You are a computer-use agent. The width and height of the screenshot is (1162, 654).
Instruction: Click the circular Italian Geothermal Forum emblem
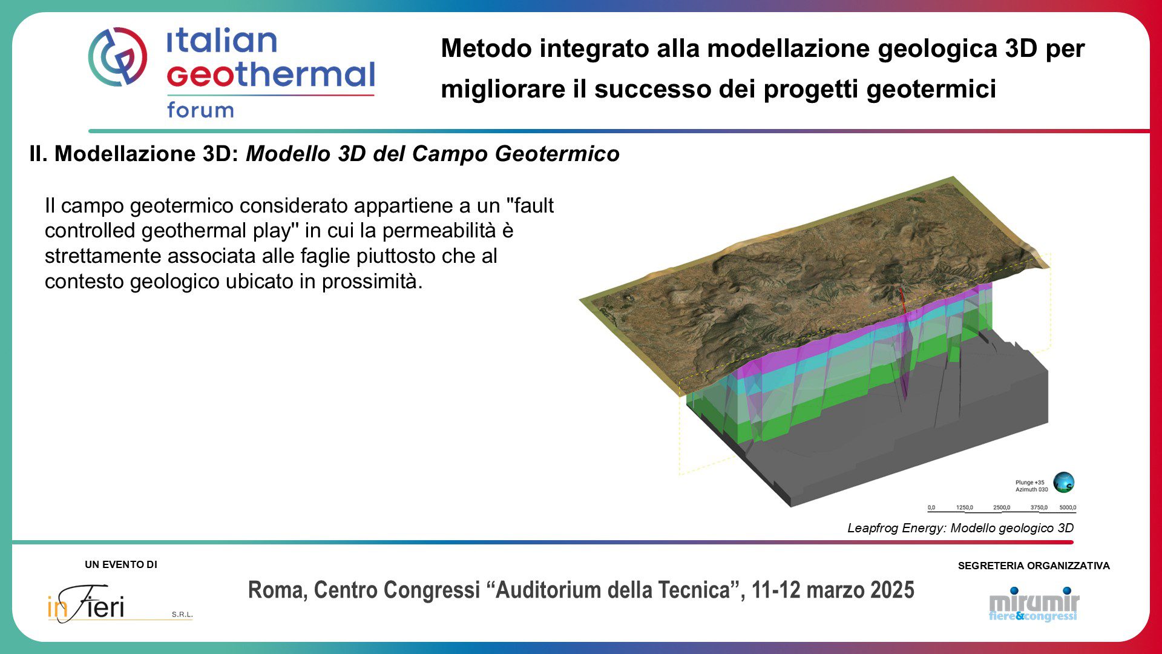pyautogui.click(x=117, y=56)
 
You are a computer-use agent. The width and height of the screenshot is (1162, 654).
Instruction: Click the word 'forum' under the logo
pyautogui.click(x=200, y=110)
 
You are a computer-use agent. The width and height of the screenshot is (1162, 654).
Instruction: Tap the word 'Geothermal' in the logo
pyautogui.click(x=271, y=74)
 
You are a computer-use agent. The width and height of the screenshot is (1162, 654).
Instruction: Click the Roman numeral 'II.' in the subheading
pyautogui.click(x=38, y=154)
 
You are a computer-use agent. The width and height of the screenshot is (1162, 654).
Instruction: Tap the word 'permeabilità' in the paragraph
pyautogui.click(x=448, y=231)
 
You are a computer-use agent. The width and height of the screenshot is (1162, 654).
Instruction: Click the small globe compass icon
pyautogui.click(x=1063, y=483)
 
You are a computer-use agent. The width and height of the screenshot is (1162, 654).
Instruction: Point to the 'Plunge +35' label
pyautogui.click(x=1029, y=483)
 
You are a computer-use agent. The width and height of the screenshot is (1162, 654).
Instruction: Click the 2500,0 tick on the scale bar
pyautogui.click(x=1002, y=507)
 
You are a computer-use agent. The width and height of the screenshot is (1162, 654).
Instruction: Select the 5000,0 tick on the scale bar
pyautogui.click(x=1068, y=507)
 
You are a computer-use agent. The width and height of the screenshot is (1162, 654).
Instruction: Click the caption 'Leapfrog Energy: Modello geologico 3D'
pyautogui.click(x=960, y=528)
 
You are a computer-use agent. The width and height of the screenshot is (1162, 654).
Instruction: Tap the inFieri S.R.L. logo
pyautogui.click(x=120, y=604)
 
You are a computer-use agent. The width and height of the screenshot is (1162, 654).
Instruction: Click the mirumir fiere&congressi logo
pyautogui.click(x=1034, y=604)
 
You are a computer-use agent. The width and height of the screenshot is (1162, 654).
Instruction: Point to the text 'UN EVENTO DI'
pyautogui.click(x=121, y=565)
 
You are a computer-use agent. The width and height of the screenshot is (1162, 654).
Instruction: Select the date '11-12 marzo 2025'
pyautogui.click(x=833, y=590)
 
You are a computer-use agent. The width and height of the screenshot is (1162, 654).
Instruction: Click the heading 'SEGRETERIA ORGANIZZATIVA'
pyautogui.click(x=1034, y=566)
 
